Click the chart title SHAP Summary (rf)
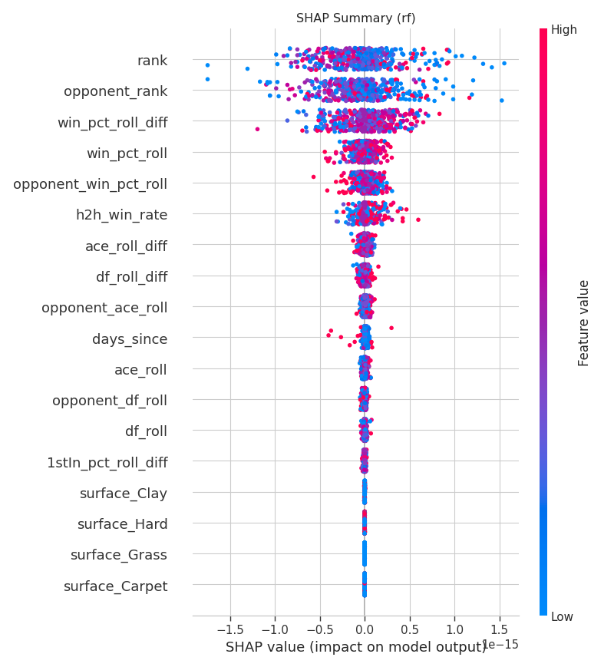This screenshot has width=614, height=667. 355,18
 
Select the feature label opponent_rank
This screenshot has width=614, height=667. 115,91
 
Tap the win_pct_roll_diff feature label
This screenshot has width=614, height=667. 113,123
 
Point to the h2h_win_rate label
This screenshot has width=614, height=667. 122,215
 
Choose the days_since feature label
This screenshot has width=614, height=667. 130,339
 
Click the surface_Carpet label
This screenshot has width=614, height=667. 116,586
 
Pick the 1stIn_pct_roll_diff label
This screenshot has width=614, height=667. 107,462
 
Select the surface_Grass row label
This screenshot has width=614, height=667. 119,555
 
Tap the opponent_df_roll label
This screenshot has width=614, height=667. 110,401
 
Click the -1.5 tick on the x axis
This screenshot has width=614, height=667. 230,629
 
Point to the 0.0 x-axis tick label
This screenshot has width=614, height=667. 365,629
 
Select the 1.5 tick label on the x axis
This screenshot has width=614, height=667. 500,629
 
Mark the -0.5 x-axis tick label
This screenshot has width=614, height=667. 319,629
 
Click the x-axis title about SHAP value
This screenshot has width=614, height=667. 355,647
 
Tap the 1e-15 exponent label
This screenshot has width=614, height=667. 501,645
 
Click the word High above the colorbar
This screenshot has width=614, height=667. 564,30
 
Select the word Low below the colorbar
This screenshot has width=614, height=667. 562,617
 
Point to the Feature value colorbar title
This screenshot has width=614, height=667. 583,323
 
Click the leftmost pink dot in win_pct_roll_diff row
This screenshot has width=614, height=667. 257,129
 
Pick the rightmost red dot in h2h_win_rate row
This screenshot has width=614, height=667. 418,220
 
